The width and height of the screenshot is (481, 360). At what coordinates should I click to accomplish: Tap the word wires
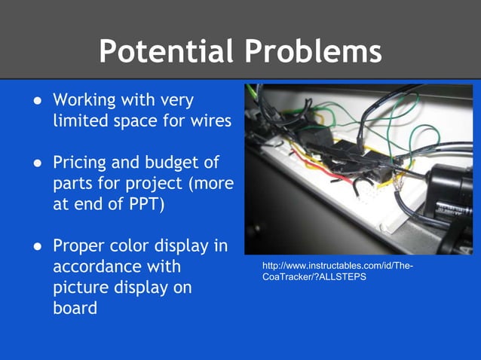(x=211, y=121)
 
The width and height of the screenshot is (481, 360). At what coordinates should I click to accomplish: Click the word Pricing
(x=82, y=163)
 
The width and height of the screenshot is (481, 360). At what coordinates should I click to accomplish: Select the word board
(x=75, y=308)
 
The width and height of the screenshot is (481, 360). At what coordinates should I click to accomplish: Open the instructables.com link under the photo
(x=337, y=272)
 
